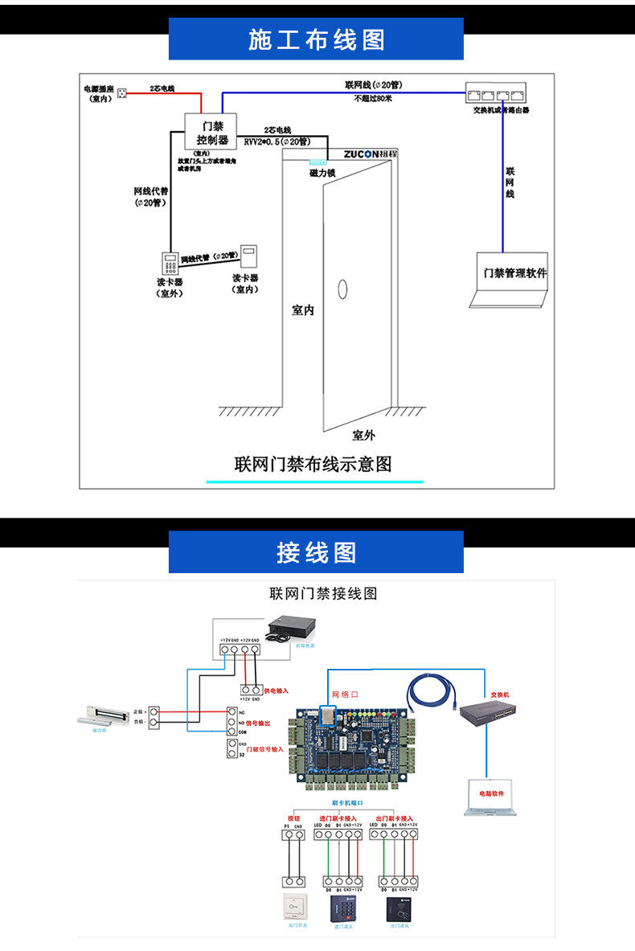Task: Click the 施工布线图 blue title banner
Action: (x=316, y=39)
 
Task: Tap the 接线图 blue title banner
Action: (x=316, y=552)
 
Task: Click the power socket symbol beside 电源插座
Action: (x=123, y=92)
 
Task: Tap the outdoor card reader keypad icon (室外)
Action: (x=170, y=264)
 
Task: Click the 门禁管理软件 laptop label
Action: (x=514, y=273)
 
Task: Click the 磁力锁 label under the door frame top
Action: (x=322, y=173)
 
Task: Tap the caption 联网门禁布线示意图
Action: (x=313, y=464)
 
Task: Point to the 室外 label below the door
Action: (x=363, y=435)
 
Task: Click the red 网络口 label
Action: (x=345, y=694)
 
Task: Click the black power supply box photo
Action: (x=292, y=628)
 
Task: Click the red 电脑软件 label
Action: (x=492, y=793)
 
